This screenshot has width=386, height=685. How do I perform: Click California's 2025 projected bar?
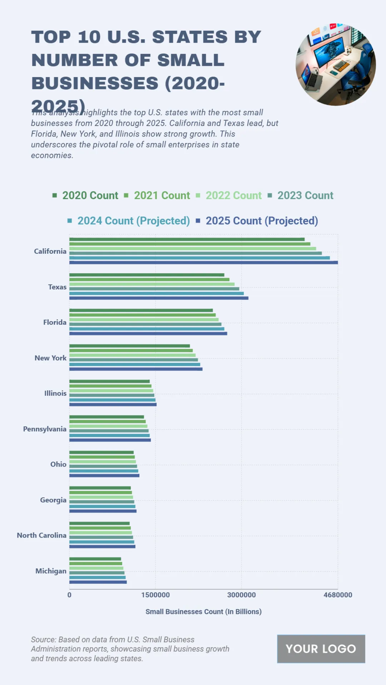coord(203,262)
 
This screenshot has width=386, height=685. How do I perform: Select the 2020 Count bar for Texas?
coord(147,275)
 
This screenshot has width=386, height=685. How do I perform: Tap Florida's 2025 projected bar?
coord(148,333)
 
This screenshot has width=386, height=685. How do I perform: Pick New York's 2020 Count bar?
coord(129,346)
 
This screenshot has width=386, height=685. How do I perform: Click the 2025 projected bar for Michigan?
coord(98,582)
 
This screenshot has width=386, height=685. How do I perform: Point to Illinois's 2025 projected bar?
coord(113,404)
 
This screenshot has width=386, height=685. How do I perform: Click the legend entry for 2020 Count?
coord(86,195)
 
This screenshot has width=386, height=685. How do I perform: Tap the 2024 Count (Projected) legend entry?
coord(129,221)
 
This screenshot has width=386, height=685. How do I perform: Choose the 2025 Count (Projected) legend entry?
coord(257,221)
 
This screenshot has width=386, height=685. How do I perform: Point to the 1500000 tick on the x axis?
coord(155,595)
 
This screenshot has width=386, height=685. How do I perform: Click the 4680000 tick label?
coord(338,595)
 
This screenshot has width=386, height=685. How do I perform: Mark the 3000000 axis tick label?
coord(241,595)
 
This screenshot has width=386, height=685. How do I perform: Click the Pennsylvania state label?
coord(45,429)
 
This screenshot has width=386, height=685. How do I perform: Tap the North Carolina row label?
coord(41,535)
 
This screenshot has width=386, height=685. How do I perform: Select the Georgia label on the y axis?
coord(53,500)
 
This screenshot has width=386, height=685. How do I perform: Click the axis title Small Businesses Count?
coord(203,611)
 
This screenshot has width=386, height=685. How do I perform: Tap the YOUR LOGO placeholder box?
coord(321,649)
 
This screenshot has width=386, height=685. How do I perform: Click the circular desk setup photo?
coord(335,65)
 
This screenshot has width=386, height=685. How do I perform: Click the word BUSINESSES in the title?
coord(95,83)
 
